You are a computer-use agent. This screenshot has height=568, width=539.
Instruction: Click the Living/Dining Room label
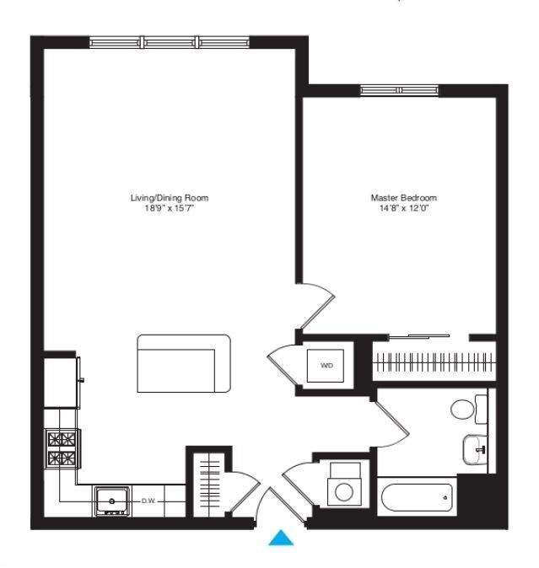pos(169,197)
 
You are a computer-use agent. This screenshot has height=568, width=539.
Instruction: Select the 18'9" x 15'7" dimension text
pos(169,207)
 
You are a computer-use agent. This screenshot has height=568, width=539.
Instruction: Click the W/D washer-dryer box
pos(326,366)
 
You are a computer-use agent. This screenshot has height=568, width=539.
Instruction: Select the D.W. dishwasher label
pos(149,501)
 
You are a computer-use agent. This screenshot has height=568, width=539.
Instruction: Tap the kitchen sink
pos(111,501)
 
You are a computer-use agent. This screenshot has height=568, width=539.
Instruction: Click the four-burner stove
pos(62,448)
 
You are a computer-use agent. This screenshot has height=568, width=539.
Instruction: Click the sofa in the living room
pos(184,363)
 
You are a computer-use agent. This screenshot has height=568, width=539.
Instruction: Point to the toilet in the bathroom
pos(464,410)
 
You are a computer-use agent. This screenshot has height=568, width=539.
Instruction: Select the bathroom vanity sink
pos(475,448)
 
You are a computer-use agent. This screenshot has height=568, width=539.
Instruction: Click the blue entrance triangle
pos(281,537)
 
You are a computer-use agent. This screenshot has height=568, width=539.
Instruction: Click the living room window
pos(170,41)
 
